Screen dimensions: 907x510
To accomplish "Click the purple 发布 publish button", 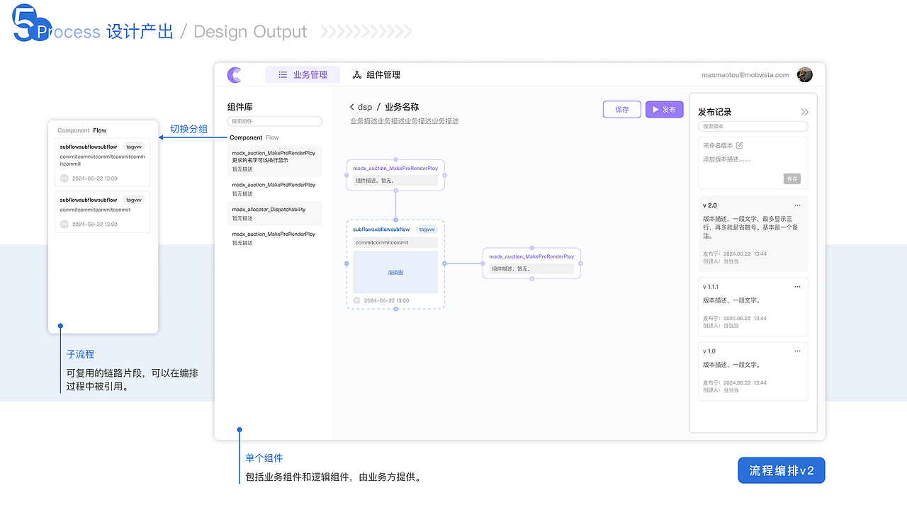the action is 664,110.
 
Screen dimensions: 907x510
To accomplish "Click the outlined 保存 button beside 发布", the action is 621,110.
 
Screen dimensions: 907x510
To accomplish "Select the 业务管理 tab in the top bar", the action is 303,74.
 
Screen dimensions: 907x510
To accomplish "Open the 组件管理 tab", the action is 376,74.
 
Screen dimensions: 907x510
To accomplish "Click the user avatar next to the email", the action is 804,74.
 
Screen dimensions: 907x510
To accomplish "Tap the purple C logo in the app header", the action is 235,74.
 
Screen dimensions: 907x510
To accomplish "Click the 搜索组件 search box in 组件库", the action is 274,122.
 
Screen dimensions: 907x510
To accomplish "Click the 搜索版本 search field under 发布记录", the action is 753,127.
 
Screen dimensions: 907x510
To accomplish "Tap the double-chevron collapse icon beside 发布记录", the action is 804,112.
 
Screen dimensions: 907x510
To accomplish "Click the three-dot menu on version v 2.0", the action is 797,205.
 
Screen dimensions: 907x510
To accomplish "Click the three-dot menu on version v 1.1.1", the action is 797,287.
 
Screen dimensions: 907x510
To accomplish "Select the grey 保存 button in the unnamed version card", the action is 791,178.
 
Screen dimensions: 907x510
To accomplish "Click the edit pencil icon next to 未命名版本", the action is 740,145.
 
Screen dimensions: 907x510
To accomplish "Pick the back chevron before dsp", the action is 351,107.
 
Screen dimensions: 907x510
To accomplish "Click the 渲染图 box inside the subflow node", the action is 395,272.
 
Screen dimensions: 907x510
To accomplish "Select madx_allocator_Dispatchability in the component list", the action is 269,210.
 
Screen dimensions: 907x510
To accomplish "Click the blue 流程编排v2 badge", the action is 781,470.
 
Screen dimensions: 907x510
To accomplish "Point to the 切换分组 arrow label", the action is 188,129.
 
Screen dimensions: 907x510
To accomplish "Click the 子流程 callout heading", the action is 80,354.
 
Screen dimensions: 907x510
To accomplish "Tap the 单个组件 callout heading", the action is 264,458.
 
